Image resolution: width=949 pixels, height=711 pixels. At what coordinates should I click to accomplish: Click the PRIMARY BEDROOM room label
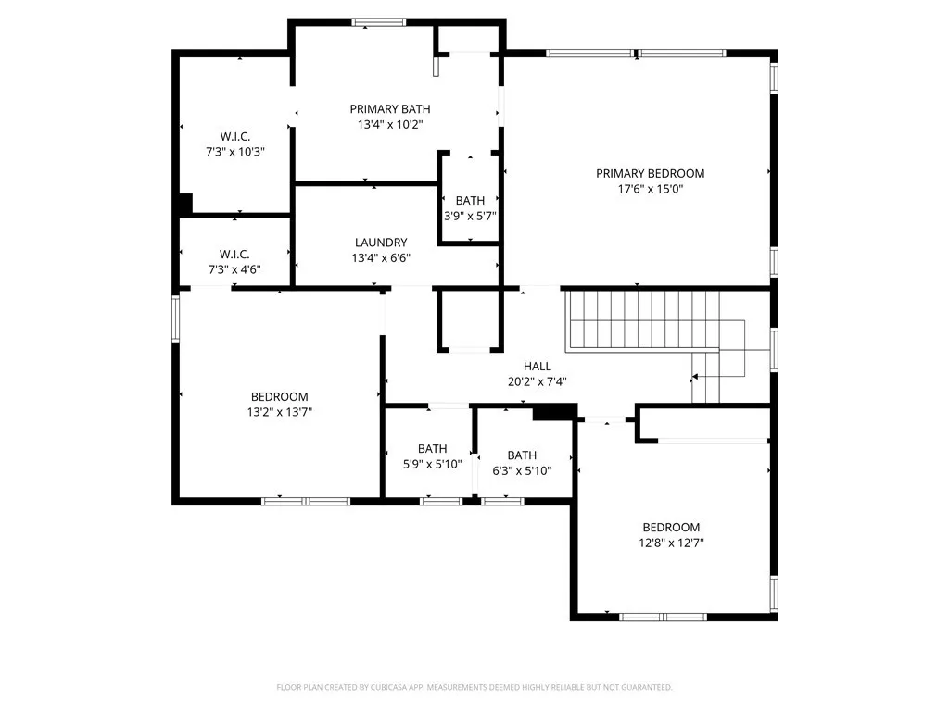click(650, 173)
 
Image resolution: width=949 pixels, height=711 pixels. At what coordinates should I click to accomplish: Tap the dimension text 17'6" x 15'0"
click(650, 189)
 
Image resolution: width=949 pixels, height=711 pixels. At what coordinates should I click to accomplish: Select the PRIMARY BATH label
click(389, 109)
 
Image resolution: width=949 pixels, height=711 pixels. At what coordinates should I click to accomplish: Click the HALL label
click(538, 367)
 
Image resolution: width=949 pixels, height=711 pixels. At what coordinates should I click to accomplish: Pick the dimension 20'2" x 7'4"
click(538, 381)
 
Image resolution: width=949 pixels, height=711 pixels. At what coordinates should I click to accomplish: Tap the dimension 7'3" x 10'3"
click(235, 152)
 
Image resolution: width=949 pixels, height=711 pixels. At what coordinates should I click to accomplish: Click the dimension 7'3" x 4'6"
click(234, 269)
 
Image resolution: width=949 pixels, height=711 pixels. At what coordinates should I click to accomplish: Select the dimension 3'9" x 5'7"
click(470, 216)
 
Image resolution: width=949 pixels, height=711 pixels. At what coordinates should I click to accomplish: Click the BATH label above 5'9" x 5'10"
click(432, 449)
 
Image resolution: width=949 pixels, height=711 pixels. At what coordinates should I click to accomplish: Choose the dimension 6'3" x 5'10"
click(522, 470)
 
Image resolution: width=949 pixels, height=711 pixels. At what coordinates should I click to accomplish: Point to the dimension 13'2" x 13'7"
click(279, 413)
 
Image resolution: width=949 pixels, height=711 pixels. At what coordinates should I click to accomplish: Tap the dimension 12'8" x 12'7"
click(671, 543)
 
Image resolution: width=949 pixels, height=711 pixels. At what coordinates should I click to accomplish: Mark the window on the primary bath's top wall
click(378, 22)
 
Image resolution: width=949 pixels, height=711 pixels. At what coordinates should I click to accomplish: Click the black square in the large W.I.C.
click(185, 204)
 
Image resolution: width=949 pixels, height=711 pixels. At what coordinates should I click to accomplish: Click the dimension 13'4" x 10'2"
click(389, 124)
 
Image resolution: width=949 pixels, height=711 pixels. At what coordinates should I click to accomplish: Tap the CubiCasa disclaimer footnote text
click(474, 687)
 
